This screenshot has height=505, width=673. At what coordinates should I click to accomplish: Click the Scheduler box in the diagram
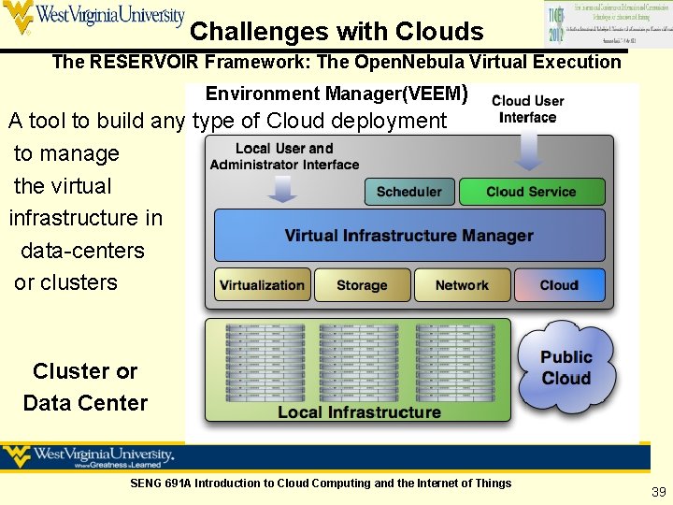click(408, 192)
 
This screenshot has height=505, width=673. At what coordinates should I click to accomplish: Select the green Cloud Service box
click(531, 192)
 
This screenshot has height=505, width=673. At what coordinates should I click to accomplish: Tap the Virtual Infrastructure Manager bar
click(408, 236)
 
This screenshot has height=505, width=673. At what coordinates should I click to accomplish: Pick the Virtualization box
click(262, 285)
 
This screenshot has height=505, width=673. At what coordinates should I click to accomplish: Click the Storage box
click(362, 285)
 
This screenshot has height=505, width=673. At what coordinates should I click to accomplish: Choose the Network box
click(462, 285)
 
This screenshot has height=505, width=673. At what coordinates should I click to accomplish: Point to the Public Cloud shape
click(566, 368)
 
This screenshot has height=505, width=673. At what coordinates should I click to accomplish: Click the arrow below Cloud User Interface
click(529, 150)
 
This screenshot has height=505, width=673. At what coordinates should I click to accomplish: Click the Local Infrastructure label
click(359, 411)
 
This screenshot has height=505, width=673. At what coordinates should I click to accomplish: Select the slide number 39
click(658, 492)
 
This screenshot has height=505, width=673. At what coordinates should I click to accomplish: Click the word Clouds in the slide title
click(438, 33)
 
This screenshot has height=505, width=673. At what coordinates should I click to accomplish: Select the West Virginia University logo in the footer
click(90, 457)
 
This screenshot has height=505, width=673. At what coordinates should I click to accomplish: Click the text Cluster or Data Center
click(85, 387)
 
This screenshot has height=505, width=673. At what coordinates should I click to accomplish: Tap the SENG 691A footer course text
click(321, 483)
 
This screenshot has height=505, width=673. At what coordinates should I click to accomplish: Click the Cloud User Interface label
click(527, 108)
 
